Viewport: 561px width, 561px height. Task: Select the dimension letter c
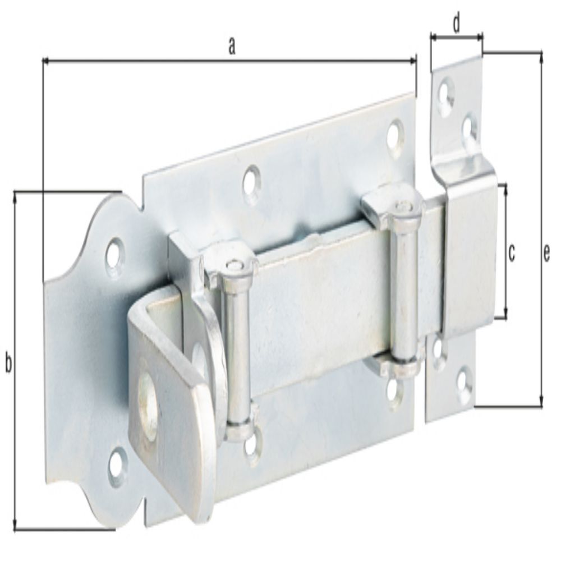pos(511,253)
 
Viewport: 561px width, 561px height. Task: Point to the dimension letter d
pos(456,25)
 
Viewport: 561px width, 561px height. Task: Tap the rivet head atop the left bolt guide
pos(232,265)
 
